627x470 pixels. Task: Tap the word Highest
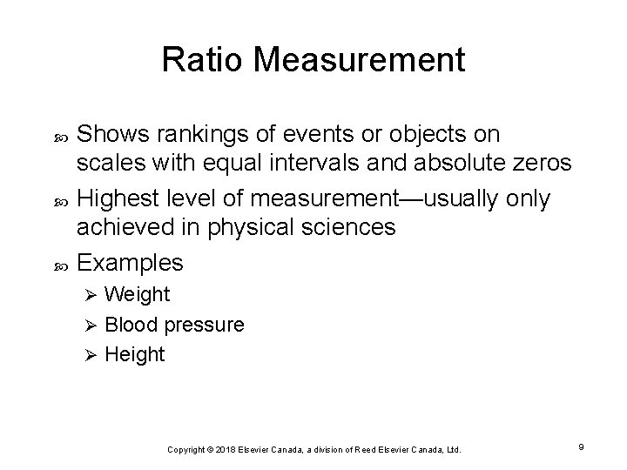[115, 199]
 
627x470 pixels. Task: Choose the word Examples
[131, 262]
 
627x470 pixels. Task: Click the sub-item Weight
[137, 295]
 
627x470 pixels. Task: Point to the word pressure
[205, 326]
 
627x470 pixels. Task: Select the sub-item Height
[135, 355]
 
